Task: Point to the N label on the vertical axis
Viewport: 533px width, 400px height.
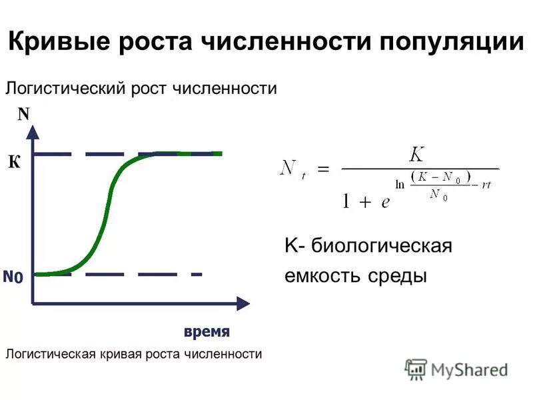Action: point(24,114)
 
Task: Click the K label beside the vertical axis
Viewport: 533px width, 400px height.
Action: point(14,161)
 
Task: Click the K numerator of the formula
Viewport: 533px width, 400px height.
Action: point(416,155)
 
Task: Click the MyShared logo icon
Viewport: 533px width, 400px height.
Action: point(416,369)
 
